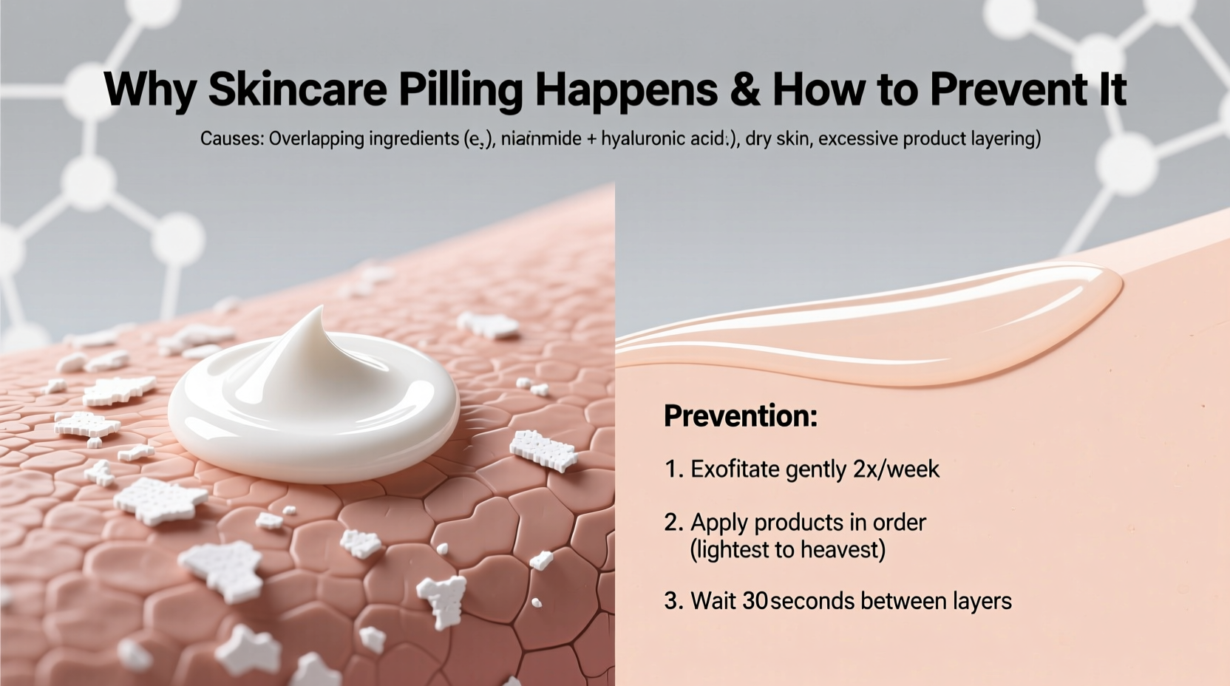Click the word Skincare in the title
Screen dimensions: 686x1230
pyautogui.click(x=297, y=89)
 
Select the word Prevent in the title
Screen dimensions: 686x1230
pyautogui.click(x=1002, y=89)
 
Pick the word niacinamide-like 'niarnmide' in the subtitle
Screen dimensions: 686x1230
pyautogui.click(x=541, y=139)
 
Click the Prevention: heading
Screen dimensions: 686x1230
pyautogui.click(x=741, y=416)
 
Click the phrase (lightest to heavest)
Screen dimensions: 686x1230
pyautogui.click(x=787, y=550)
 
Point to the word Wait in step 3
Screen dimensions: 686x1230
pyautogui.click(x=713, y=601)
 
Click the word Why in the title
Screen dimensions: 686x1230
pyautogui.click(x=150, y=89)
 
